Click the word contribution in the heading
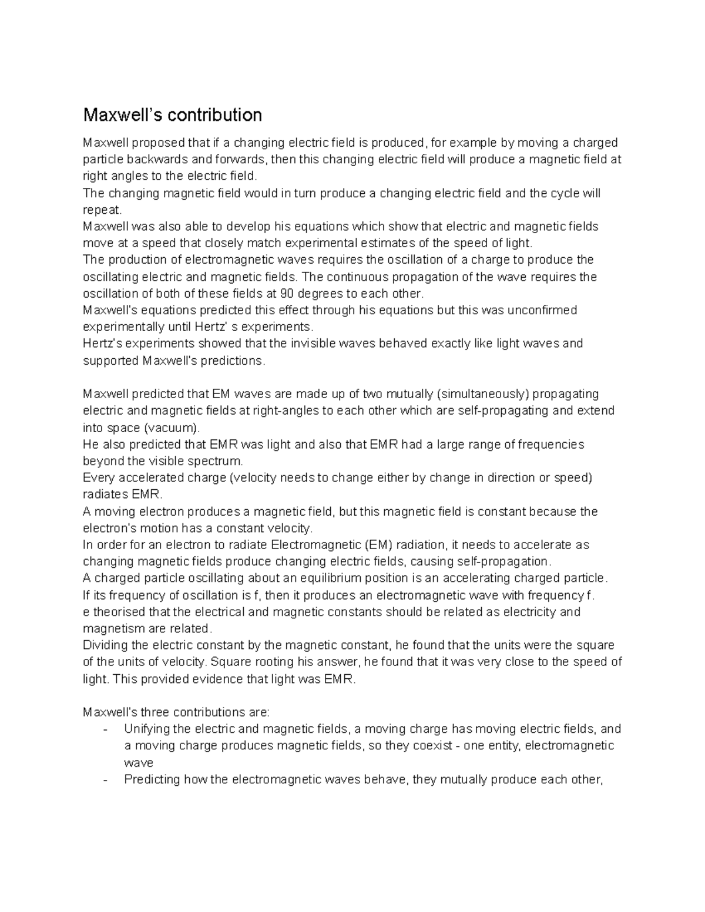click(214, 115)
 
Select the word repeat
click(102, 210)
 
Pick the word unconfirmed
click(539, 310)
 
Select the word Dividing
click(106, 645)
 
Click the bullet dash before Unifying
click(105, 729)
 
